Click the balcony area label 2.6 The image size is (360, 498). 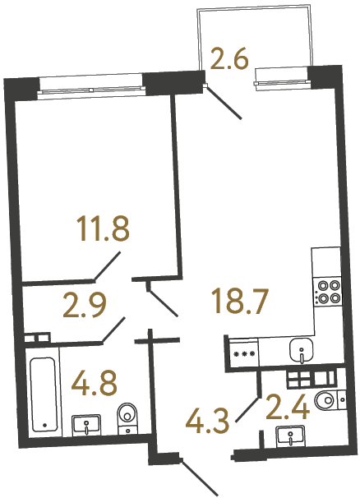point(231,60)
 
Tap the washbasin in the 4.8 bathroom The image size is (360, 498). point(87,424)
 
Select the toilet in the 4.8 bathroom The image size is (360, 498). point(127,418)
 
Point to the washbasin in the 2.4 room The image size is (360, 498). point(288,435)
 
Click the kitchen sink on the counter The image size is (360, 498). point(302,352)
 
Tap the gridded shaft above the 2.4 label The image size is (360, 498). point(311,378)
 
